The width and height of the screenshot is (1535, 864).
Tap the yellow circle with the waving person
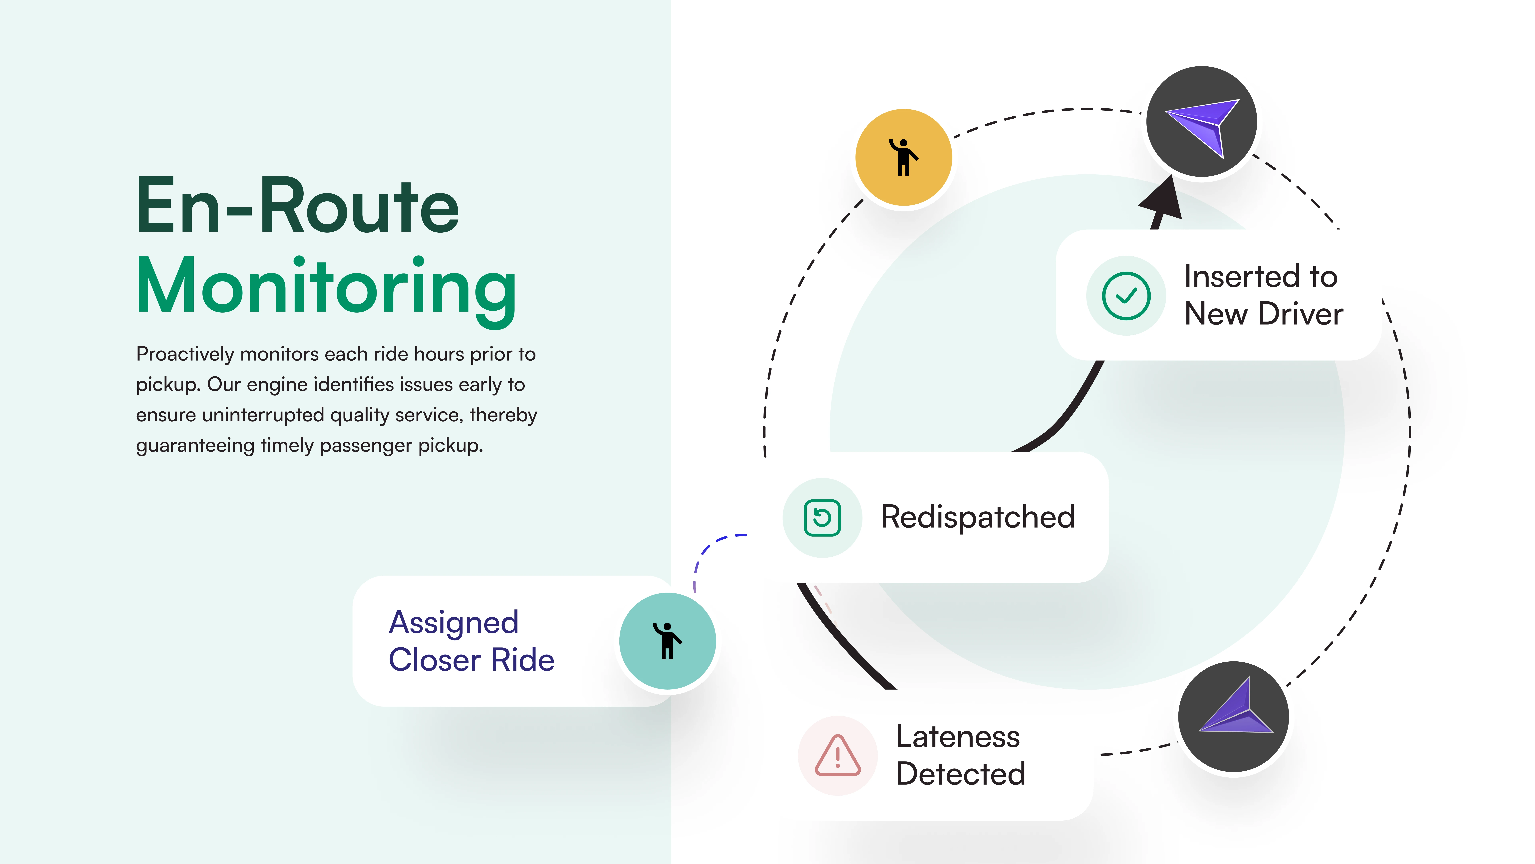[903, 157]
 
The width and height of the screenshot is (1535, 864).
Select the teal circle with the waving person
[667, 641]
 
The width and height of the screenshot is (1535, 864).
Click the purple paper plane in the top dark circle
[1204, 125]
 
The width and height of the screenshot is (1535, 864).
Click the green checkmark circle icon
[1126, 296]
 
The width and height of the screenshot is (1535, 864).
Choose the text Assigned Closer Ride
[471, 641]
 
